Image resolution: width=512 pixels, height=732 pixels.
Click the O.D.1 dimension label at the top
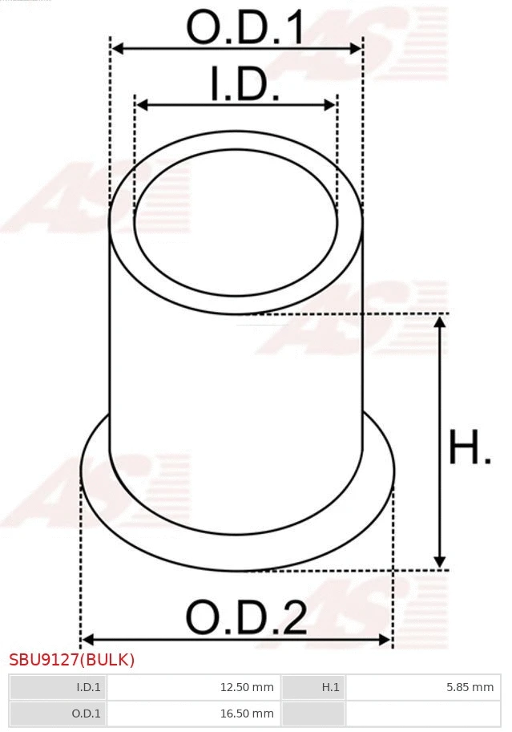tap(245, 28)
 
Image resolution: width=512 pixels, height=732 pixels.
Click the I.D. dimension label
tap(244, 85)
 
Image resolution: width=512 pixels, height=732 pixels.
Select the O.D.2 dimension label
tap(246, 618)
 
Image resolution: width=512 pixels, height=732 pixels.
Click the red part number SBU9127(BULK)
tap(72, 660)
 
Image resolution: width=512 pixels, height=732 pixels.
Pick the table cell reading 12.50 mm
tap(193, 687)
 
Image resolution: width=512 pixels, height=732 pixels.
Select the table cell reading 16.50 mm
tap(193, 713)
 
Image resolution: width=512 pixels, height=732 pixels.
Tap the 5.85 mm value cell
tap(421, 687)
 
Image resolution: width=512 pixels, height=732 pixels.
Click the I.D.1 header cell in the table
tap(58, 687)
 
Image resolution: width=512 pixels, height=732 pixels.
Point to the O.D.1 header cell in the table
tap(58, 713)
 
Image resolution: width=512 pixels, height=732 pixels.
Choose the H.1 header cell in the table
tap(313, 687)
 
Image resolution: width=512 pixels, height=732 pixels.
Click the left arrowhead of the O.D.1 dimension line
tap(117, 49)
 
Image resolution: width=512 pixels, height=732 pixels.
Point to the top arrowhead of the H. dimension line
tap(439, 322)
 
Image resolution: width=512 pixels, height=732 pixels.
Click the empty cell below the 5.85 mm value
tap(421, 713)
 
